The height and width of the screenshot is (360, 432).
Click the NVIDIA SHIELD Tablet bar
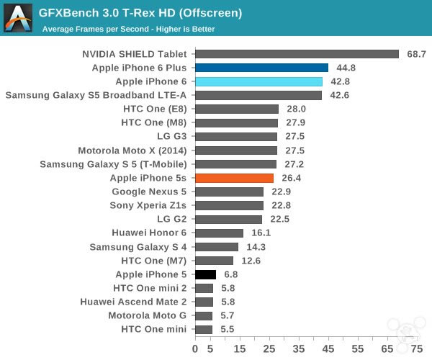[x=297, y=54]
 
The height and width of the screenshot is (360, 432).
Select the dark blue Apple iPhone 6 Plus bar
[x=261, y=68]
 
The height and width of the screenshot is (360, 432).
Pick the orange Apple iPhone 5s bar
[x=234, y=178]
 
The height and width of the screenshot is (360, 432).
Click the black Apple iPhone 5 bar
[x=205, y=274]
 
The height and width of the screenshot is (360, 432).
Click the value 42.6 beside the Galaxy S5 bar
[x=339, y=95]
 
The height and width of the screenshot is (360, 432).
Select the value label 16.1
[x=261, y=233]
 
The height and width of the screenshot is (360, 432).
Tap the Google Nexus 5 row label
[x=149, y=192]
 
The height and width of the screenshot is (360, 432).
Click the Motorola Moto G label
[x=147, y=315]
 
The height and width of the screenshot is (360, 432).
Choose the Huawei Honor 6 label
[x=149, y=233]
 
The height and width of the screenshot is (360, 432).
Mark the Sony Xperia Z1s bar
[x=229, y=205]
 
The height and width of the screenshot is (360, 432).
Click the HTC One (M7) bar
[x=214, y=261]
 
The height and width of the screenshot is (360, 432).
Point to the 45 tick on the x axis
[x=328, y=348]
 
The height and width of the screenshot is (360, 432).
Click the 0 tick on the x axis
[x=195, y=348]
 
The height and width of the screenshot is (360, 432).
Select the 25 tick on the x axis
[x=269, y=348]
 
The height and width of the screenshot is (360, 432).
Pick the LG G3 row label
[x=171, y=136]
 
